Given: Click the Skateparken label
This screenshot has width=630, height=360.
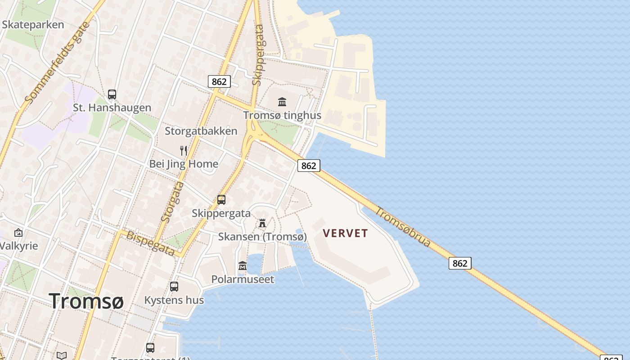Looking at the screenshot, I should pyautogui.click(x=33, y=25).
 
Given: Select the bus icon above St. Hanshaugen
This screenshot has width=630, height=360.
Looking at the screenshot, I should pyautogui.click(x=112, y=94).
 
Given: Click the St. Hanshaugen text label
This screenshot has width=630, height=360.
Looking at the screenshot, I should pyautogui.click(x=112, y=108).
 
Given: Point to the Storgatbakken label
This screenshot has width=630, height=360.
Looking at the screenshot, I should pyautogui.click(x=201, y=131).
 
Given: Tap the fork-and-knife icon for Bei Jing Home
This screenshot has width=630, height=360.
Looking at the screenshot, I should pyautogui.click(x=183, y=150).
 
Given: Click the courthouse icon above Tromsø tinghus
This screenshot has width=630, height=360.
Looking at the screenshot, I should pyautogui.click(x=282, y=102).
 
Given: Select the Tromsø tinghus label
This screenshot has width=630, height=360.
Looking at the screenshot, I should pyautogui.click(x=282, y=115).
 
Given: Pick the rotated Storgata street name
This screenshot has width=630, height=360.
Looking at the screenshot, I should pyautogui.click(x=172, y=202).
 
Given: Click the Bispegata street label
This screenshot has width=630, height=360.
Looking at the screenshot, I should pyautogui.click(x=150, y=243).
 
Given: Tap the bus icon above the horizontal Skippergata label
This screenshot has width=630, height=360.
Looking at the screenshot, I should pyautogui.click(x=221, y=199).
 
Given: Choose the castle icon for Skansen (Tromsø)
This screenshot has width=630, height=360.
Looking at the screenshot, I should pyautogui.click(x=262, y=223).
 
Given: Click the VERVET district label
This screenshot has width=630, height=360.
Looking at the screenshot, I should pyautogui.click(x=346, y=233).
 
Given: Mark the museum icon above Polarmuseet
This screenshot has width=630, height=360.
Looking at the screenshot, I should pyautogui.click(x=243, y=265).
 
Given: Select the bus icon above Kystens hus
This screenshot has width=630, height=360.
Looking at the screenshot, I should pyautogui.click(x=174, y=286).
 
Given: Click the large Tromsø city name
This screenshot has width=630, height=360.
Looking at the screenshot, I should pyautogui.click(x=86, y=301).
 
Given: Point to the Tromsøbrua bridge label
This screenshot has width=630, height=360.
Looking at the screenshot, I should pyautogui.click(x=403, y=227).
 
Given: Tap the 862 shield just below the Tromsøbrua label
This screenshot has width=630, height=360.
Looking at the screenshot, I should pyautogui.click(x=460, y=263).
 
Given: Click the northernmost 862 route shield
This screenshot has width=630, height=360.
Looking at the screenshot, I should pyautogui.click(x=219, y=81).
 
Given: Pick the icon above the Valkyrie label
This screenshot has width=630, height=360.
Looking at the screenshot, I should pyautogui.click(x=18, y=233).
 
